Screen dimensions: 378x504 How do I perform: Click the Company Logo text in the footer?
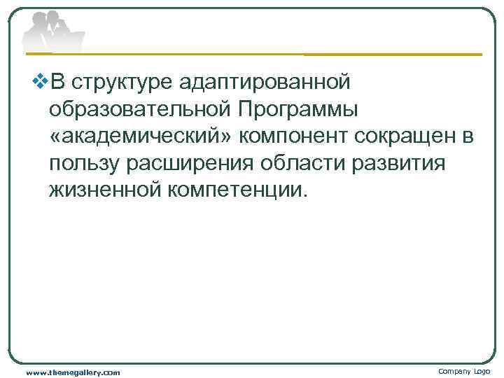pyautogui.click(x=465, y=371)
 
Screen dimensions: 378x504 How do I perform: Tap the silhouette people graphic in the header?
pyautogui.click(x=52, y=31)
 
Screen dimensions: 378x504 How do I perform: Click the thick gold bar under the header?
pyautogui.click(x=392, y=54)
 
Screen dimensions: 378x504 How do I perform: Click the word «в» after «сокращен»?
pyautogui.click(x=468, y=137)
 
